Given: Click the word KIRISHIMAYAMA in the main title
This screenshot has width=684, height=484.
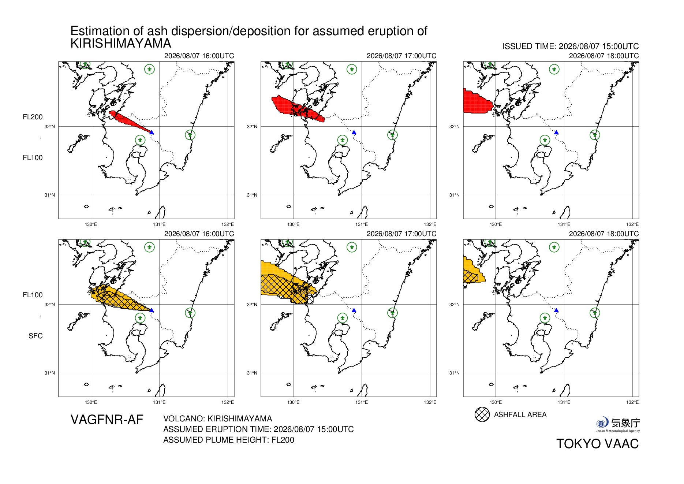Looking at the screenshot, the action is coord(121,43).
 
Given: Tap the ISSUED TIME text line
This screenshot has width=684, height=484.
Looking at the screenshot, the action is coord(571,46).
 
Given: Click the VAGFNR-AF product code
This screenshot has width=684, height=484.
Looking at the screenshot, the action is coord(107,420).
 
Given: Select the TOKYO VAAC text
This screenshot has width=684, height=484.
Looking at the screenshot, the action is coord(597,444).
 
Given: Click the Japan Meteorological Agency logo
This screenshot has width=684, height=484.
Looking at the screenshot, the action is coord(618,424).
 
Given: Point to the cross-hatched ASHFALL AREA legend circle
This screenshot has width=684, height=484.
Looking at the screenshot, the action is coord(482,414).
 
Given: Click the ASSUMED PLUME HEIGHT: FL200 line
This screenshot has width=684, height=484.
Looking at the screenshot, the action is coord(229,440).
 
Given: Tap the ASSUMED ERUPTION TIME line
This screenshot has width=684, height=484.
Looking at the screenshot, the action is coord(258,429).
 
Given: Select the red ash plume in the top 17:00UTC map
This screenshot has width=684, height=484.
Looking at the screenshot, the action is coord(296,109).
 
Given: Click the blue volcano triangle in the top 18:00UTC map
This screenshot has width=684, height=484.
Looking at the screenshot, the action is coord(556,132).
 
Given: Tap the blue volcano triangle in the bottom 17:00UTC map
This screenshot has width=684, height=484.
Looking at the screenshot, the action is coord(354,310).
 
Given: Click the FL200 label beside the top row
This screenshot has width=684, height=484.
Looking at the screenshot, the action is coord(33,117).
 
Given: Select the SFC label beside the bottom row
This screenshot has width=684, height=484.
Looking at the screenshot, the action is coord(35,336).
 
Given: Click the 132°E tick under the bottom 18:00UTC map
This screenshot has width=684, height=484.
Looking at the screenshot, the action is coord(632,402).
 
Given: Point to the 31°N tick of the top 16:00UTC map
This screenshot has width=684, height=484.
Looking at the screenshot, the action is coord(50,195).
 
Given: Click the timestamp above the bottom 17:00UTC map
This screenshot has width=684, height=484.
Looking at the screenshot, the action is coord(401,234).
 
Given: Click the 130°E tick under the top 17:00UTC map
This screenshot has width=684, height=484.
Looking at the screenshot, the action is coord(294,224).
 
